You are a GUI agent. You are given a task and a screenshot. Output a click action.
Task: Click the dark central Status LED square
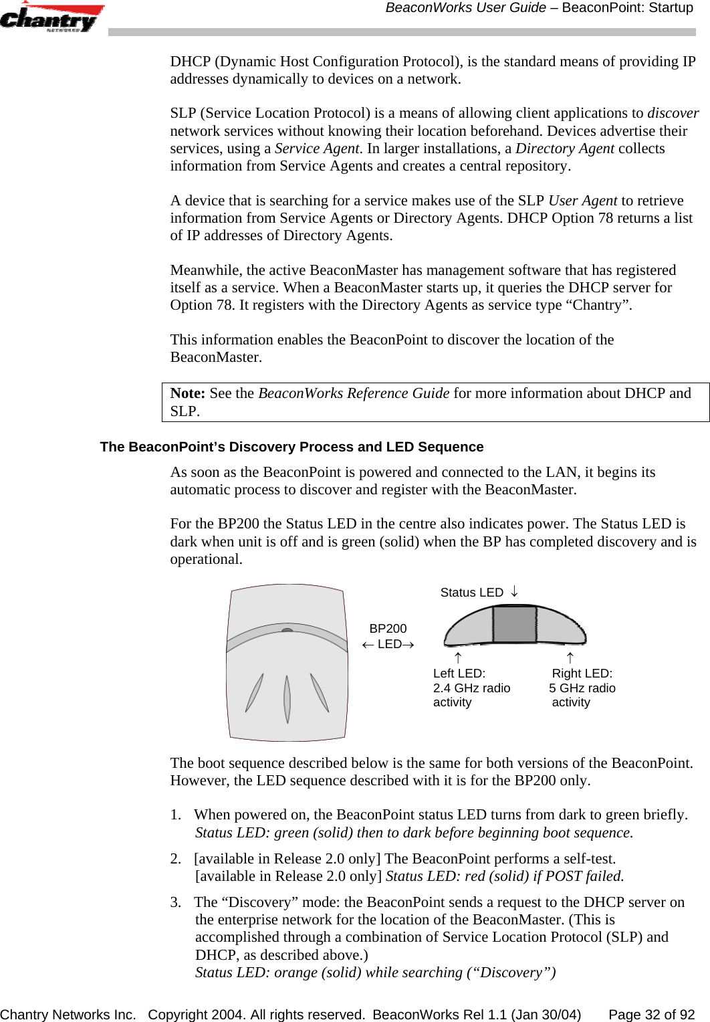[x=514, y=623]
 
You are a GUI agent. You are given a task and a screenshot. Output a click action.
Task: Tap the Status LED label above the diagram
[x=471, y=593]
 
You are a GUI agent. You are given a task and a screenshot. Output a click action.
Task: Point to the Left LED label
[x=459, y=674]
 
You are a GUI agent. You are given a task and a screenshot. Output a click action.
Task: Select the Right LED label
[x=582, y=674]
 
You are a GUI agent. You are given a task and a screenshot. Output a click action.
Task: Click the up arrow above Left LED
[x=458, y=658]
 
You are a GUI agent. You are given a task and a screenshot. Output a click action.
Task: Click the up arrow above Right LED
[x=570, y=658]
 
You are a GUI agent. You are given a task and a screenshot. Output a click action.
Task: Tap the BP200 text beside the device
[x=388, y=629]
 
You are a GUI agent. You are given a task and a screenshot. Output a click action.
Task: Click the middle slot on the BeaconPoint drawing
[x=287, y=698]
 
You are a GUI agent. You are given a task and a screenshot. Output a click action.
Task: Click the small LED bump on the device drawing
[x=287, y=630]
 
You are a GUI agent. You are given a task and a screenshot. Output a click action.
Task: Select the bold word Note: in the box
[x=188, y=393]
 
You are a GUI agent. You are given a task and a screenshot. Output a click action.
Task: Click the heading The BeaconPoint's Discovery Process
[x=291, y=447]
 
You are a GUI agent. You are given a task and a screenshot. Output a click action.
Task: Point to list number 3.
[x=175, y=902]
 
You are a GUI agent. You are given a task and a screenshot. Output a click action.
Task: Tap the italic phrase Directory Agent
[x=564, y=148]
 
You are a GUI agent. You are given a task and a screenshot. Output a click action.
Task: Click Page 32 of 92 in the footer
[x=651, y=1015]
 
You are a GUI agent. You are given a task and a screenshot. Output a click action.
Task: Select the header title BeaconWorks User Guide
[x=465, y=8]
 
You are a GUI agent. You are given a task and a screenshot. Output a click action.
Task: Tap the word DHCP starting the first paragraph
[x=190, y=62]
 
